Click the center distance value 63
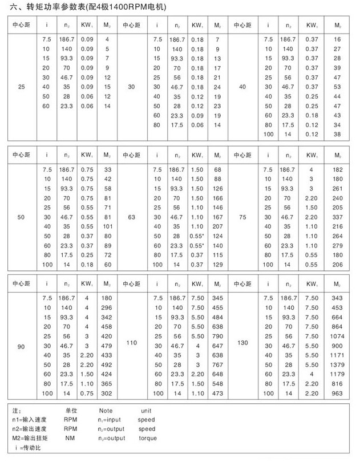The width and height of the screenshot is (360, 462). (x=132, y=217)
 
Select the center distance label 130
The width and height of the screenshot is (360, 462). (x=243, y=343)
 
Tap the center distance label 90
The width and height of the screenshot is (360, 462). (x=21, y=346)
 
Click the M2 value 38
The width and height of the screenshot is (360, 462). (x=337, y=135)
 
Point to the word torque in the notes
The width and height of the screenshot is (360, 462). (x=148, y=438)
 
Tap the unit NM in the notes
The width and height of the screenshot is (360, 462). (x=70, y=438)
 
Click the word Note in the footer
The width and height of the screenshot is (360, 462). (x=106, y=410)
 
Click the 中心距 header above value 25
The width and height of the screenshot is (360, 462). (x=21, y=26)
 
